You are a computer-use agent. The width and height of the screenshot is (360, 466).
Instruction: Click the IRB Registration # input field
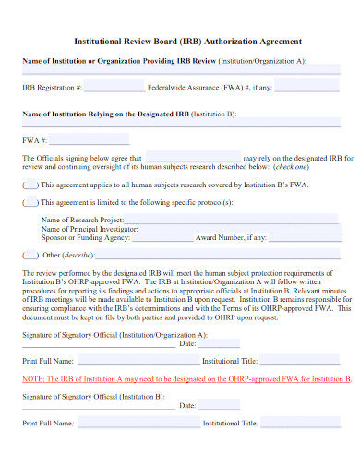[114, 88]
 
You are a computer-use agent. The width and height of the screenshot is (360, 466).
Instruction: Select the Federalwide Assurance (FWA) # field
[313, 88]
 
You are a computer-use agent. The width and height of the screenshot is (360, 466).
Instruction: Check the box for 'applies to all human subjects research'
[30, 185]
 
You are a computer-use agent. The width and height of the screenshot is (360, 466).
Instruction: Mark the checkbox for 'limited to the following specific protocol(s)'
[30, 202]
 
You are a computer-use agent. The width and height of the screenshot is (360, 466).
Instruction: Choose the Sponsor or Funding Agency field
[161, 237]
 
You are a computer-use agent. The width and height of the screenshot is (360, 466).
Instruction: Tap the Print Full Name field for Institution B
[129, 424]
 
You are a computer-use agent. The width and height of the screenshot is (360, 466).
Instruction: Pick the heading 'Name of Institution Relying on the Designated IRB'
[105, 114]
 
